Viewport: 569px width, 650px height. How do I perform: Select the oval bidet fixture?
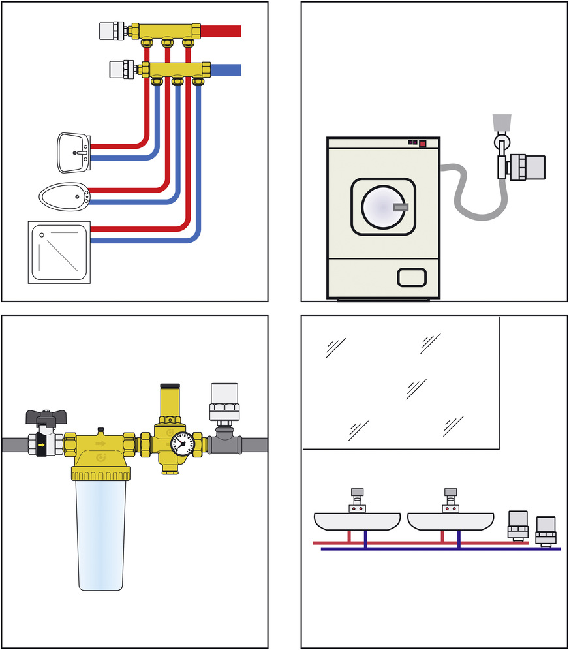tap(63, 194)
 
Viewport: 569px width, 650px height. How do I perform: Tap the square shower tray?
tap(58, 252)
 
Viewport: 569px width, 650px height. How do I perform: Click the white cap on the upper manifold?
tap(109, 30)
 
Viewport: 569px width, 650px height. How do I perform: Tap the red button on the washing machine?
tap(422, 143)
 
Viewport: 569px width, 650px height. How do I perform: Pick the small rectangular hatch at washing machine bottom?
tap(414, 277)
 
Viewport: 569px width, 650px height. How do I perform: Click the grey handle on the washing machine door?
tap(401, 208)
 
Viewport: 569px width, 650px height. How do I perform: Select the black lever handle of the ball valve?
tap(44, 416)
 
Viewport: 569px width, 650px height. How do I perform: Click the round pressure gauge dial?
tap(183, 444)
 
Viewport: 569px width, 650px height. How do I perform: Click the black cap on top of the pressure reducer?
tap(172, 387)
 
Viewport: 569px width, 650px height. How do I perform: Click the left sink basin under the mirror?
tap(357, 521)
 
